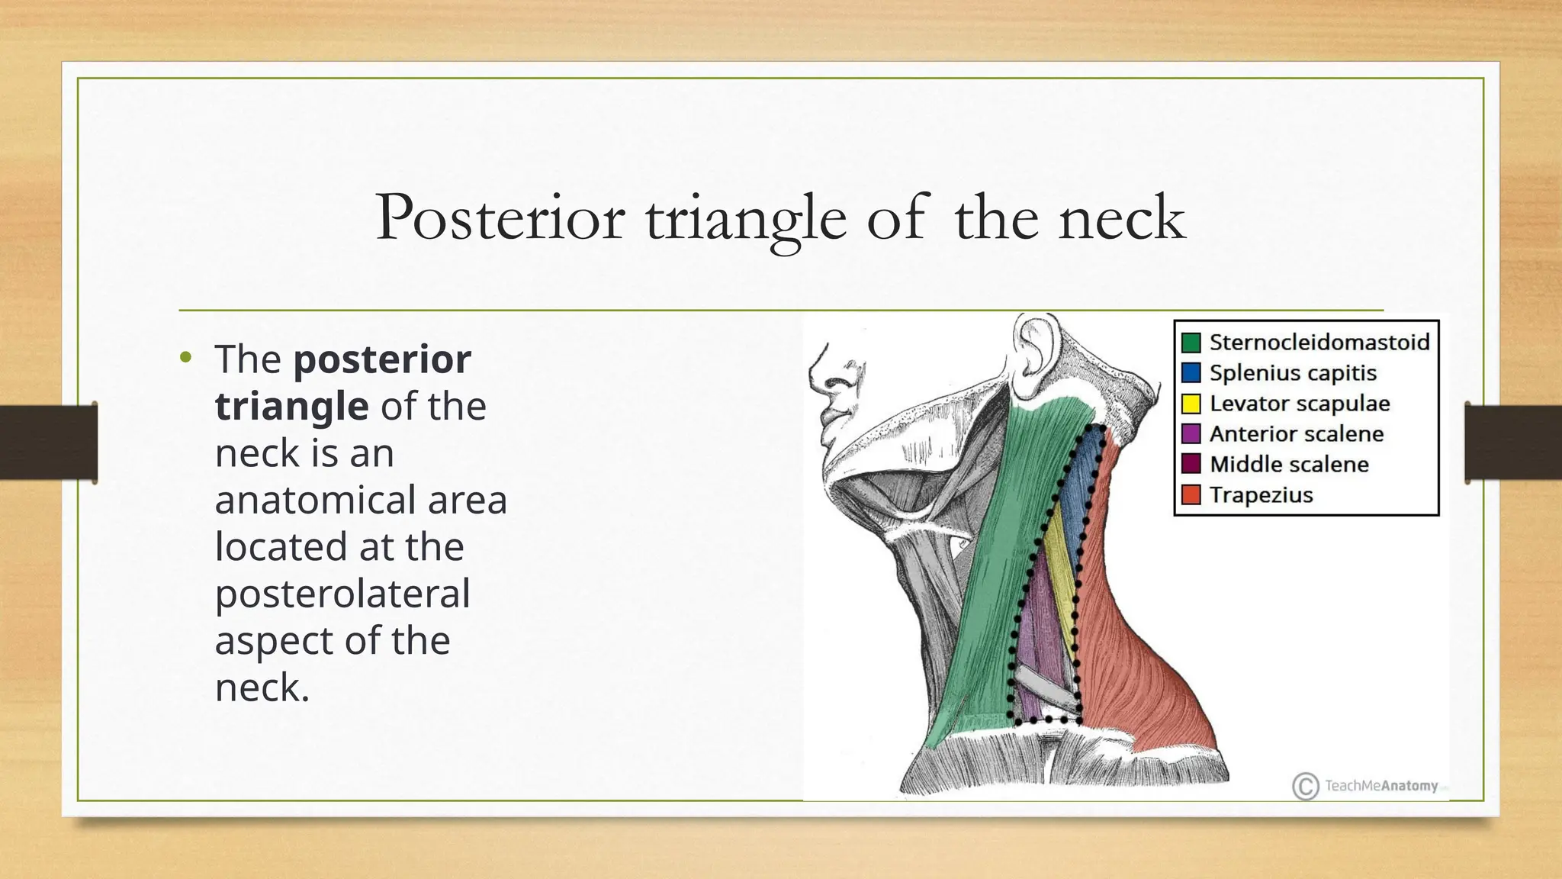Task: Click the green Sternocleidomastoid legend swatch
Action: (x=1191, y=342)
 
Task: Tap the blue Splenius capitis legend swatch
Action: (x=1191, y=372)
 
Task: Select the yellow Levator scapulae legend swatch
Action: (x=1191, y=403)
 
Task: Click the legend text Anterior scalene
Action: (x=1296, y=433)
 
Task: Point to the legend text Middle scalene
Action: (x=1288, y=464)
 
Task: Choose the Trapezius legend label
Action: (x=1261, y=494)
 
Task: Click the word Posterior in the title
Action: (x=500, y=218)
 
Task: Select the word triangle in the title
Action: (x=746, y=220)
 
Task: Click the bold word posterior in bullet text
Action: (x=382, y=359)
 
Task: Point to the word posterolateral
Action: (x=342, y=594)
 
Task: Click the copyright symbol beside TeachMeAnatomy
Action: (x=1305, y=786)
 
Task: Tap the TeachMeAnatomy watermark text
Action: (x=1380, y=786)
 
